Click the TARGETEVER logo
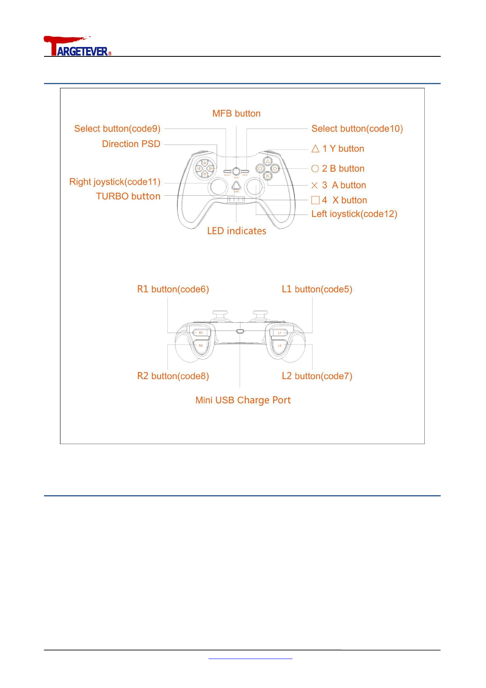pyautogui.click(x=77, y=46)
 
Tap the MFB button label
pyautogui.click(x=236, y=114)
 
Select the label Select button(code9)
pyautogui.click(x=117, y=129)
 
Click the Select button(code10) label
pyautogui.click(x=357, y=129)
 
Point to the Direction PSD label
pyautogui.click(x=131, y=144)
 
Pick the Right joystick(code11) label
pyautogui.click(x=115, y=182)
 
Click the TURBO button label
pyautogui.click(x=128, y=197)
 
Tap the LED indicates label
pyautogui.click(x=236, y=231)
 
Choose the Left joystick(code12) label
pyautogui.click(x=354, y=214)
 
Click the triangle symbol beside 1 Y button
pyautogui.click(x=315, y=149)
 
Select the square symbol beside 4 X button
pyautogui.click(x=315, y=200)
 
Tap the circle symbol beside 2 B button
pyautogui.click(x=315, y=169)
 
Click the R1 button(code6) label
pyautogui.click(x=173, y=289)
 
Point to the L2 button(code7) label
pyautogui.click(x=317, y=376)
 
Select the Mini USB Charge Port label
pyautogui.click(x=243, y=400)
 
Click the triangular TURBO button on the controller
pyautogui.click(x=236, y=186)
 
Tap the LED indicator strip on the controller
pyautogui.click(x=236, y=199)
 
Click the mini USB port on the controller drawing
pyautogui.click(x=240, y=331)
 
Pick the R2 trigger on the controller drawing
pyautogui.click(x=200, y=346)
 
